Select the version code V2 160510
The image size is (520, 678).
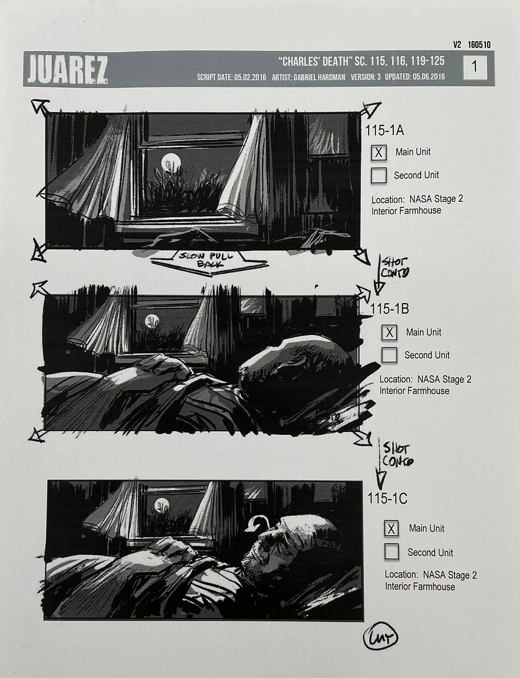(472, 45)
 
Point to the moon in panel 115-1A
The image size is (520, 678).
(171, 162)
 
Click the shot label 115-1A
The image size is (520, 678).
(385, 131)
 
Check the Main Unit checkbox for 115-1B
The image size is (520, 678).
(389, 332)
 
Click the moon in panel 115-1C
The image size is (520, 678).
(162, 505)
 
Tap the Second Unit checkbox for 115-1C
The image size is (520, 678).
(391, 552)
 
